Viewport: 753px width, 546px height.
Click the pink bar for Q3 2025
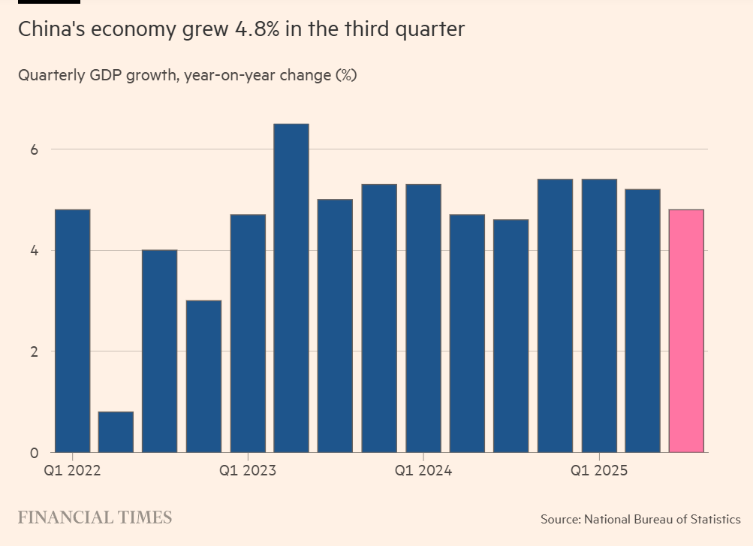(x=686, y=330)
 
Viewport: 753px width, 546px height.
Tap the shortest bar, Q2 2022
(x=116, y=432)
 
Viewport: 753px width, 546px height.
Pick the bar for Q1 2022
(x=72, y=330)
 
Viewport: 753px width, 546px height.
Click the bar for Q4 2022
(x=203, y=376)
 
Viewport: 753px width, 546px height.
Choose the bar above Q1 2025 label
(x=599, y=315)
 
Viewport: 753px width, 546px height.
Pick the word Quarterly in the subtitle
(x=49, y=76)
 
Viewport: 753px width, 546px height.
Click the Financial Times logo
(x=95, y=517)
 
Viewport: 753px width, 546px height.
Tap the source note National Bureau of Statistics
(x=662, y=519)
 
